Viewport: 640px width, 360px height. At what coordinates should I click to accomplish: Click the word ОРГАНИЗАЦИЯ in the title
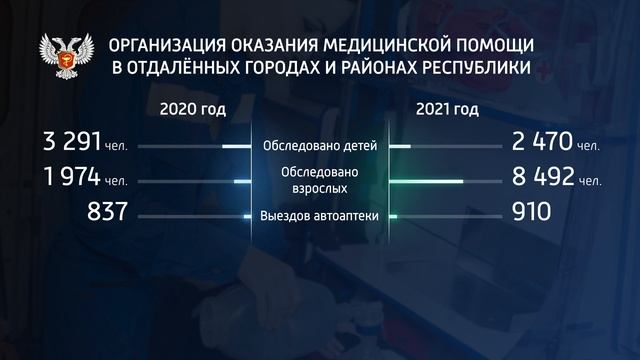[165, 46]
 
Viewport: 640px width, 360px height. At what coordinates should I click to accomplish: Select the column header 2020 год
[185, 108]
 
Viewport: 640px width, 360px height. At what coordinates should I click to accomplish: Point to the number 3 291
[56, 145]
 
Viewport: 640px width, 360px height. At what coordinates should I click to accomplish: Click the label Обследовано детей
[319, 146]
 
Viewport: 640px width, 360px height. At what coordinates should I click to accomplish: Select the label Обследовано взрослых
[319, 179]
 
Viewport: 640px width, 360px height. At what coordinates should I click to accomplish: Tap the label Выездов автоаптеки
[319, 214]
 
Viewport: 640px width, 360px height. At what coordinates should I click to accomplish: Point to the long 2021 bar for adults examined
[426, 181]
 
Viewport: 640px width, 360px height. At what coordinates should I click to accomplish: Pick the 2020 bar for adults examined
[241, 181]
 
